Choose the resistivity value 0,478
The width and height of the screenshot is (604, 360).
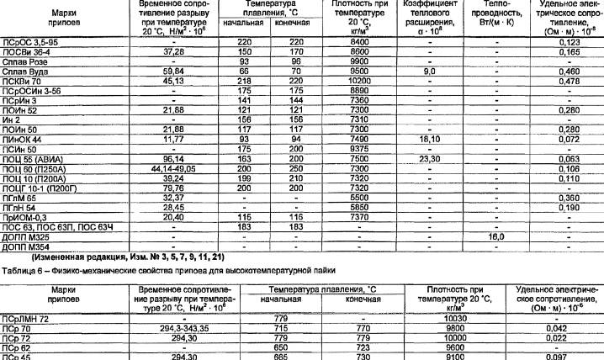[x=570, y=81]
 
